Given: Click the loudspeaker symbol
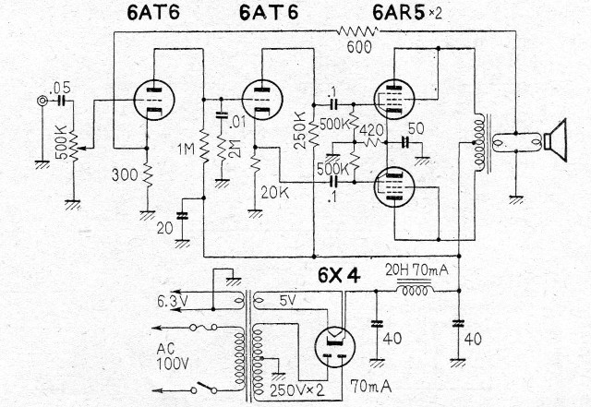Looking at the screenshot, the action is pos(555,140).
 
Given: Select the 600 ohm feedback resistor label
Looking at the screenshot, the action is pos(359,47).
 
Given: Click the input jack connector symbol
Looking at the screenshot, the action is pos(42,101).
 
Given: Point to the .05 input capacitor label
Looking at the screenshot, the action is pos(60,88).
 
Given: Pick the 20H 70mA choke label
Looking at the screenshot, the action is pos(416,269).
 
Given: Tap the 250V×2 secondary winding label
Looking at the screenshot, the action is pos(297,390).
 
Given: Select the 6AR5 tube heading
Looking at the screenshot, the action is pos(407,13).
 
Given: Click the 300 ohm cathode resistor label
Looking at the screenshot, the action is pos(125,174).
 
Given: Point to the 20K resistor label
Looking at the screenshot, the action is pos(275,193).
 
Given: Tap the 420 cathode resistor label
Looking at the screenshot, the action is pos(371,130).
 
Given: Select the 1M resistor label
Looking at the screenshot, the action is pos(187,150).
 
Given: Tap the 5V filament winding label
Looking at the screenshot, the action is pos(287,300).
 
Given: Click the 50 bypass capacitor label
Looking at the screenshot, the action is pos(416,128).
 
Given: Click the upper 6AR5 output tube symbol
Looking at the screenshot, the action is pos(394,99).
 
